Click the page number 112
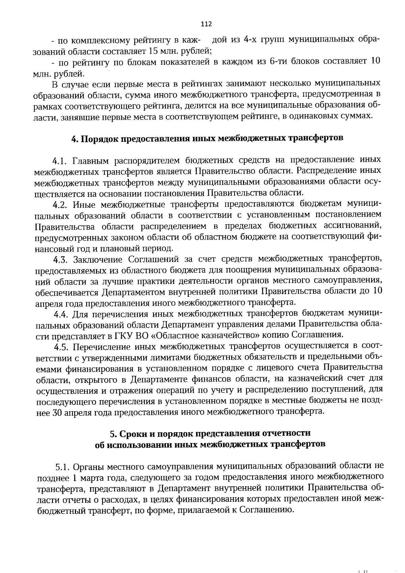(x=206, y=24)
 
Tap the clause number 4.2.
(x=61, y=205)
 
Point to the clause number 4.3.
(x=61, y=259)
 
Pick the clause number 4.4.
(x=62, y=315)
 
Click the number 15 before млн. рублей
(x=153, y=51)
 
